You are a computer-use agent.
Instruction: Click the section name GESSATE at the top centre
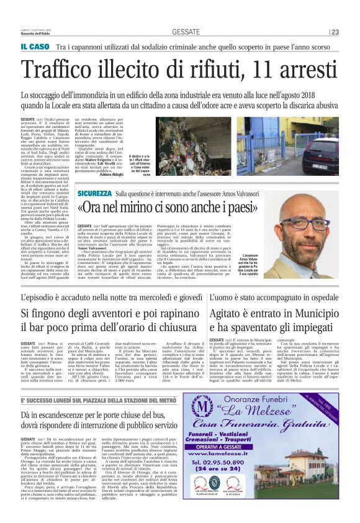[x=186, y=32]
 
